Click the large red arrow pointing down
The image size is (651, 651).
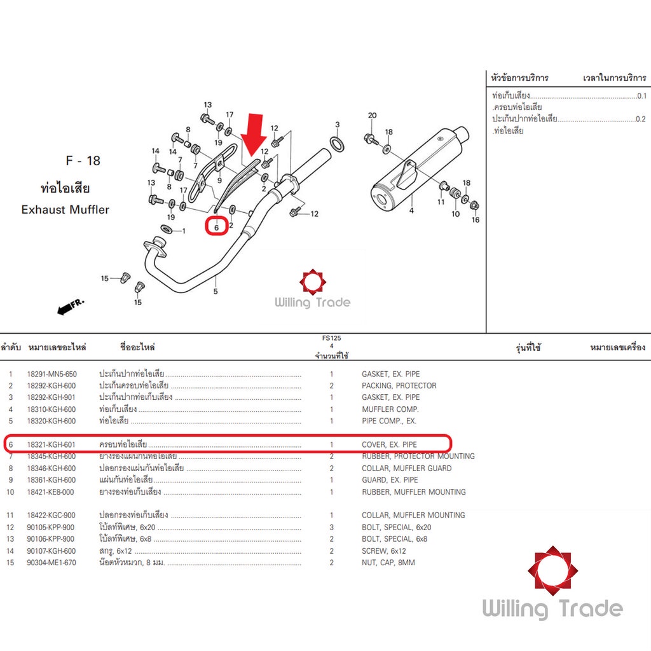(x=256, y=134)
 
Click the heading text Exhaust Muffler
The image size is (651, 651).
(x=65, y=209)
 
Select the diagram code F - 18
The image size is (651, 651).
(x=83, y=161)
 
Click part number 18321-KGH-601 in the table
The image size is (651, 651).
(x=51, y=444)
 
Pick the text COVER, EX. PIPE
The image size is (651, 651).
(x=390, y=444)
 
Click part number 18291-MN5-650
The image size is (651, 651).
(x=51, y=374)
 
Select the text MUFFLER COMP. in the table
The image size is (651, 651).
(x=390, y=409)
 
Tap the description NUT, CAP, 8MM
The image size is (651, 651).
(x=388, y=563)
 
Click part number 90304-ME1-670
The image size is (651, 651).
(x=51, y=563)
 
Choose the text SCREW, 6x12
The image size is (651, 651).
(x=383, y=551)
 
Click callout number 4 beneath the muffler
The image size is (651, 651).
(x=411, y=210)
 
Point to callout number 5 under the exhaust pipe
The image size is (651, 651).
(x=216, y=291)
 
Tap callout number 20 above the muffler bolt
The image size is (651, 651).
(x=372, y=116)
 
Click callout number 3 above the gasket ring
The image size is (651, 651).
(x=338, y=125)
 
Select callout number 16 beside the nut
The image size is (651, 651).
(x=476, y=220)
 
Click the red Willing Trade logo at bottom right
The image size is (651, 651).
(x=552, y=570)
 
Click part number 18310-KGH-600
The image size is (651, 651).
(x=51, y=409)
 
